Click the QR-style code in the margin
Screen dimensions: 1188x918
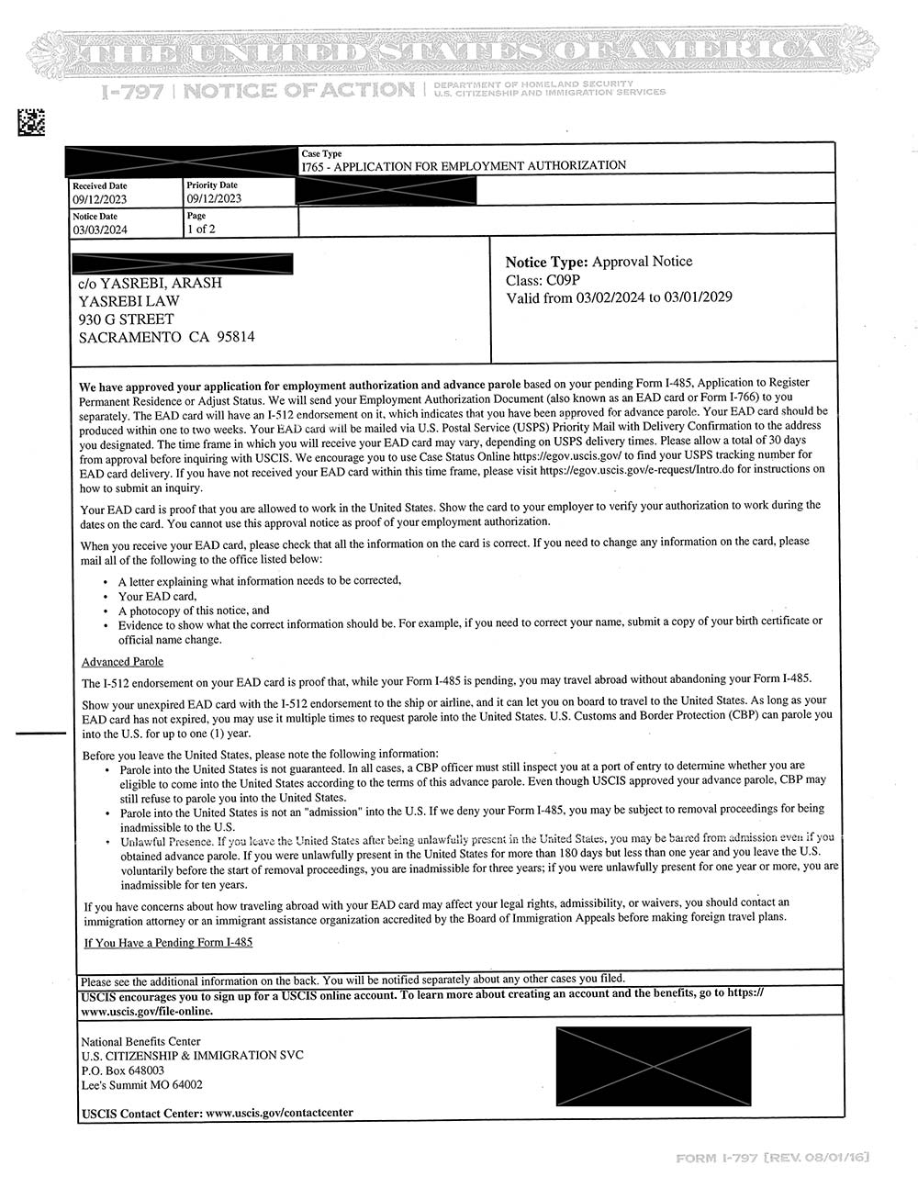click(x=31, y=121)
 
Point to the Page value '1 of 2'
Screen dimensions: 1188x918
click(x=200, y=230)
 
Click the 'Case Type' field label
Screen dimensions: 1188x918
click(x=321, y=153)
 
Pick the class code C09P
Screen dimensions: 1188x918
click(x=569, y=280)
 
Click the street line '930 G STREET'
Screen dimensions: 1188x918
click(x=126, y=319)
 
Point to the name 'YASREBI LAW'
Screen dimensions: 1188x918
click(x=129, y=301)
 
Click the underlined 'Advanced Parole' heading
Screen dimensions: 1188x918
click(x=122, y=662)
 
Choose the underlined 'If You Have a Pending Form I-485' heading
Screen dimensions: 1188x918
click(x=168, y=942)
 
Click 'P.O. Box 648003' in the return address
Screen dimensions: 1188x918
click(x=123, y=1070)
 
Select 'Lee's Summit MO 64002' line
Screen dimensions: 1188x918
click(x=141, y=1084)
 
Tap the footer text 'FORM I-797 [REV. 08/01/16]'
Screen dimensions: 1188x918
click(x=772, y=1158)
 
